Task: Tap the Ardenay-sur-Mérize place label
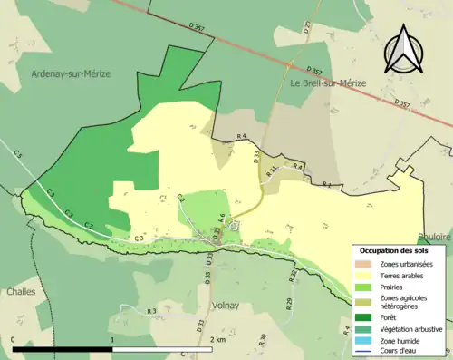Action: coord(70,73)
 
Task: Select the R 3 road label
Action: coord(151,310)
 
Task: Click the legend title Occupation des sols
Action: coord(394,250)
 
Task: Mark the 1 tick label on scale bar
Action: coord(112,340)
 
